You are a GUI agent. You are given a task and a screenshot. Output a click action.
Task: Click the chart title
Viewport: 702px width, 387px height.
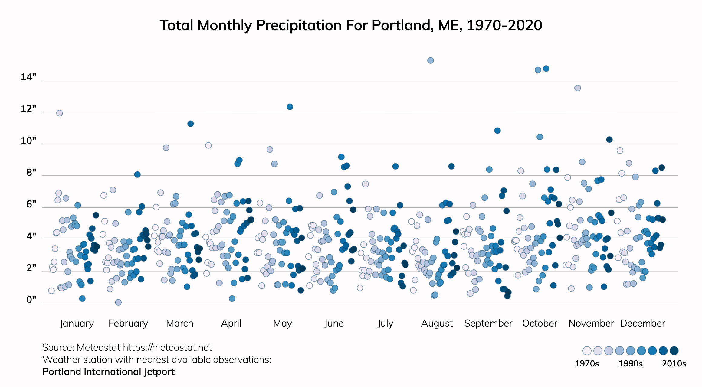coord(351,25)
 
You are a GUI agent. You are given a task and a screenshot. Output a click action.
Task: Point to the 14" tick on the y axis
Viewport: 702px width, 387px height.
coord(28,77)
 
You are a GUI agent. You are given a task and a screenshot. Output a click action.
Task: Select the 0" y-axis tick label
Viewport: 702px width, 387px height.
coord(31,300)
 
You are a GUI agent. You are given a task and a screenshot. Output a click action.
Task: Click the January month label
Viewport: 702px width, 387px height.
coord(77,323)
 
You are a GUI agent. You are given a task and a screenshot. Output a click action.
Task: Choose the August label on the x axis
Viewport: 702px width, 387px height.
coord(437,323)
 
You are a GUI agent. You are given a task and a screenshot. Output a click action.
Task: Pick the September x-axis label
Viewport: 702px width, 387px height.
coord(488,323)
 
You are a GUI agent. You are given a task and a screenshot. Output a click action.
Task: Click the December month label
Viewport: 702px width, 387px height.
coord(642,323)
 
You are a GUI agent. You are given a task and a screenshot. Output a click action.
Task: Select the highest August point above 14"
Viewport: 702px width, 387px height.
coord(430,60)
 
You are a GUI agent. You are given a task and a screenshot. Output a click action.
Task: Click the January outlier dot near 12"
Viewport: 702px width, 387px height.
coord(60,113)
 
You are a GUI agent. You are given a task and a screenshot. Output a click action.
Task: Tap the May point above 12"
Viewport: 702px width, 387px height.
coord(290,107)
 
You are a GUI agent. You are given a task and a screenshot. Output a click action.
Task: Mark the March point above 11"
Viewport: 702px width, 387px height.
coord(190,124)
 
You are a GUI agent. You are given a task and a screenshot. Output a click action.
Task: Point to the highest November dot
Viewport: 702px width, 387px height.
coord(577,88)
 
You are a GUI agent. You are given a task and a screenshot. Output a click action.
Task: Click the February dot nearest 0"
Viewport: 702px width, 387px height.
coord(118,302)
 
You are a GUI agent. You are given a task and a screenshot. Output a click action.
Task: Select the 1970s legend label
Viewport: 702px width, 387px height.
coord(587,363)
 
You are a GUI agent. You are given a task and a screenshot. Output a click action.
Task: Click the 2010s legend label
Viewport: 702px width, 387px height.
coord(674,363)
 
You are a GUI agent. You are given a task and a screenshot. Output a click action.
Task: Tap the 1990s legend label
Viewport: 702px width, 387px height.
coord(630,363)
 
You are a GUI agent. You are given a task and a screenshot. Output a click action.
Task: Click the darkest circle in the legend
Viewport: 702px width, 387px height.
coord(674,351)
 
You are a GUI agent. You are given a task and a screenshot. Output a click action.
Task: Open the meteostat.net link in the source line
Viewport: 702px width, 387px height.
coord(167,347)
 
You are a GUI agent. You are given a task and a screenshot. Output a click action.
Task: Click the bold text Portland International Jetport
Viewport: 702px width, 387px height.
coord(108,372)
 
